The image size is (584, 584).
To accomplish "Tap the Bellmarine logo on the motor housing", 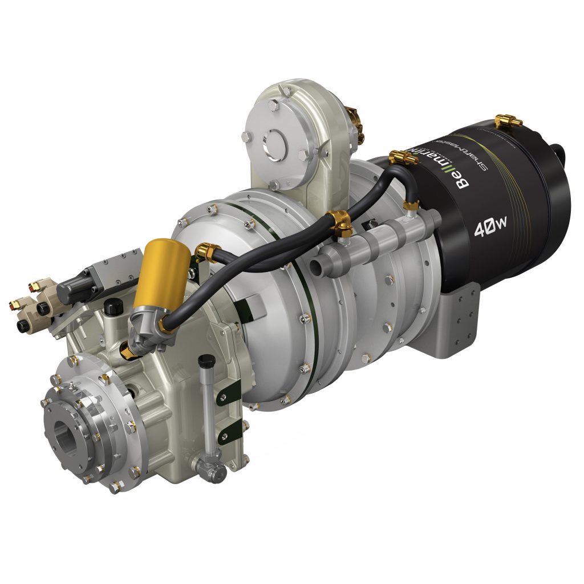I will [x=460, y=166].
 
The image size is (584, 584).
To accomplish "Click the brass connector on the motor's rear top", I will [x=508, y=120].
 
